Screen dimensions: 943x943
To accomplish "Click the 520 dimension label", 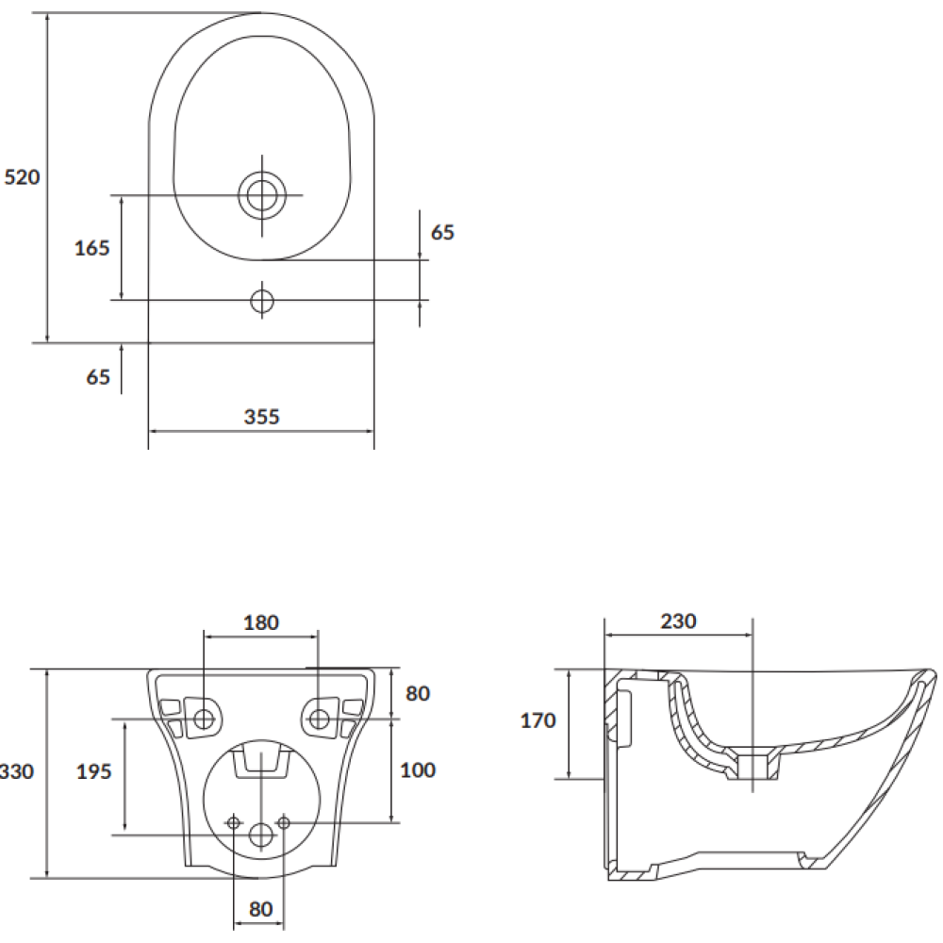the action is click(23, 177).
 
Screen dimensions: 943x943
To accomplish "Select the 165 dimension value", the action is click(92, 248).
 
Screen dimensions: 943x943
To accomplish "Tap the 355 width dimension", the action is click(261, 417).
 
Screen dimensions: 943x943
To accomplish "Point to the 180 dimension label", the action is click(261, 622).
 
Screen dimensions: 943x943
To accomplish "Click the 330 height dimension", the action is click(17, 771).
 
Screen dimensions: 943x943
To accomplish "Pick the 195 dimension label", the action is click(93, 771).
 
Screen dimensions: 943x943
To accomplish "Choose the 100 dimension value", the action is click(418, 769).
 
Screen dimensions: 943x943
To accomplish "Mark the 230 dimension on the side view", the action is click(678, 620).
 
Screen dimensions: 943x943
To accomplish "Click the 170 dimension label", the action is click(538, 720).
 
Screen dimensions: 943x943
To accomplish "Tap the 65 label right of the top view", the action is click(442, 232).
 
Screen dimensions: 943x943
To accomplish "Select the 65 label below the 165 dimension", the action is click(98, 377).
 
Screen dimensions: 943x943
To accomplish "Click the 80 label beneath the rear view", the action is click(260, 909).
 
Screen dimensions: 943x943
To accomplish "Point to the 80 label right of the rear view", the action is click(418, 693).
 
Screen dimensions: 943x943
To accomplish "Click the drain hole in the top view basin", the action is click(261, 195).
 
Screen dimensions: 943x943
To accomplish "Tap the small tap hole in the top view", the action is click(261, 301).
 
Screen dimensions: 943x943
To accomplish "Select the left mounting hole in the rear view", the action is click(204, 718).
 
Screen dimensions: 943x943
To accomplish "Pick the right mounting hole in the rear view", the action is click(318, 718).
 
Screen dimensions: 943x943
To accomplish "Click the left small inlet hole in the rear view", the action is click(234, 822).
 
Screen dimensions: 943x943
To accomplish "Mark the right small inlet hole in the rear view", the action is click(284, 822).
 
